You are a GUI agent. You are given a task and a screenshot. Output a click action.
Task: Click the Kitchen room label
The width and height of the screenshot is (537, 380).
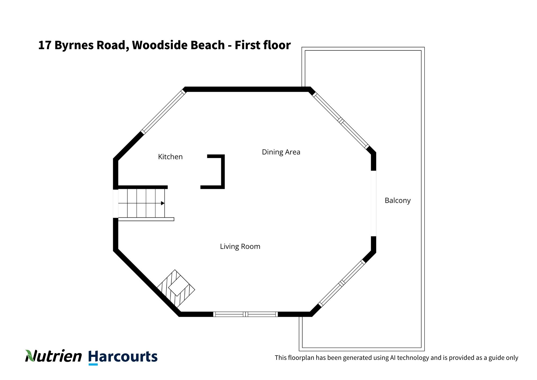click(170, 157)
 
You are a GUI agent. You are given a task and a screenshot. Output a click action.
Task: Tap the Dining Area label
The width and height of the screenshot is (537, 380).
click(281, 152)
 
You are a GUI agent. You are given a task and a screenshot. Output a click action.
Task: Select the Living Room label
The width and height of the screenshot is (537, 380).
click(240, 246)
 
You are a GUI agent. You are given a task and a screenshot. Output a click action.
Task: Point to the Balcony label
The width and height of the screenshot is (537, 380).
click(398, 200)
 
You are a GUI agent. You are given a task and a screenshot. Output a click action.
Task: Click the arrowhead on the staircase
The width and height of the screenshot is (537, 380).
click(163, 203)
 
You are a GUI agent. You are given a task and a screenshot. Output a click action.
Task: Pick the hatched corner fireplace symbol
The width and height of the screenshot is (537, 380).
click(176, 289)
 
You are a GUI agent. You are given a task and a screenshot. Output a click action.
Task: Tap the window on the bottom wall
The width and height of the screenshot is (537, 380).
click(245, 314)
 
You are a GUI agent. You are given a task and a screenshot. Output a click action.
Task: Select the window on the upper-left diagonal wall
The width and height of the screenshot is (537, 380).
click(164, 112)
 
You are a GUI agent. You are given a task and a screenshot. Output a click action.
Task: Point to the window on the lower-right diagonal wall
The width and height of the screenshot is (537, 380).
click(342, 283)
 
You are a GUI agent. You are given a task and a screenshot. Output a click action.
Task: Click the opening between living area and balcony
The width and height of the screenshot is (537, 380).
click(373, 203)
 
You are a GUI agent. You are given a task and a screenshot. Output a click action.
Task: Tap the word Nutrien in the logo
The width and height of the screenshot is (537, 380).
click(53, 356)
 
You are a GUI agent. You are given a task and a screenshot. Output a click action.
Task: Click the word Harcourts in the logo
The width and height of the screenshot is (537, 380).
click(123, 357)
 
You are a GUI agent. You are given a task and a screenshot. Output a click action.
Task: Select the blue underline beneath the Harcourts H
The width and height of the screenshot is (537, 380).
click(93, 364)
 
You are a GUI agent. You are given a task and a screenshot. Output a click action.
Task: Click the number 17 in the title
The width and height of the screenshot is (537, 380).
click(45, 45)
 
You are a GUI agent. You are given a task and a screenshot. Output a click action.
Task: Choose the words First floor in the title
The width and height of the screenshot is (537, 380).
click(263, 45)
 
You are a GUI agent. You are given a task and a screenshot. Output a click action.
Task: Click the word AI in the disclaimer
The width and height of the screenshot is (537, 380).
click(393, 358)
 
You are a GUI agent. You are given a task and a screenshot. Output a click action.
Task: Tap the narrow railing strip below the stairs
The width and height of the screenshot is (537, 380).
click(146, 219)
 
